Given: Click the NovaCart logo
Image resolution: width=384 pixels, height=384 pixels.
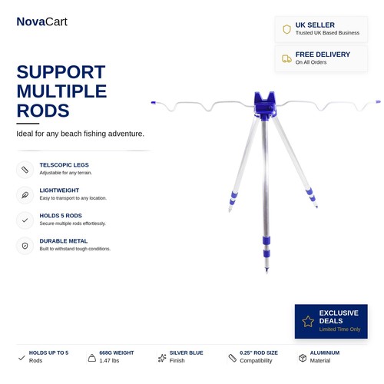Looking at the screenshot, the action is [41, 22].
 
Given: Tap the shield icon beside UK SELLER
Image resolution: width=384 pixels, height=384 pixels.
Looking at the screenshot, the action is [286, 29].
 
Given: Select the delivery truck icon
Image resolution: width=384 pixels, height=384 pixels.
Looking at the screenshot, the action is [286, 58].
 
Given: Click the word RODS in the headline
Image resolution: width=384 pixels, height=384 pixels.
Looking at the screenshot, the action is [43, 111].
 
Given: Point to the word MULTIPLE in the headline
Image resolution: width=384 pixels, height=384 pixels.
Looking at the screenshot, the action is [61, 91].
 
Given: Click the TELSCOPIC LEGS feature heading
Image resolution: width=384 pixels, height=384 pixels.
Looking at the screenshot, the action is [65, 165].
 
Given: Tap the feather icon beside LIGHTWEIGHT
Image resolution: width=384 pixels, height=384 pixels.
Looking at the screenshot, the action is [25, 195].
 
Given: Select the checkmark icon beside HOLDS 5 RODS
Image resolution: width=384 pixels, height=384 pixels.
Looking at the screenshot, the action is [25, 220].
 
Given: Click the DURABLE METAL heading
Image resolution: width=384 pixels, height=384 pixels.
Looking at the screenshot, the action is [64, 241].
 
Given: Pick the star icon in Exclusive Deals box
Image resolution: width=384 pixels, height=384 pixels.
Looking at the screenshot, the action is [308, 321].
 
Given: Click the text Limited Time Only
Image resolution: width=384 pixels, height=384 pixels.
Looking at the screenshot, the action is [339, 329].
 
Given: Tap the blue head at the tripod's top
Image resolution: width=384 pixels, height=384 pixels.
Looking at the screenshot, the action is [265, 104].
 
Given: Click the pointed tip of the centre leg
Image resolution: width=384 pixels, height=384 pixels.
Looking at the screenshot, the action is [266, 272].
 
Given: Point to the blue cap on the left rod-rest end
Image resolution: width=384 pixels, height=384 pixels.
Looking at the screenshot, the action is [154, 103].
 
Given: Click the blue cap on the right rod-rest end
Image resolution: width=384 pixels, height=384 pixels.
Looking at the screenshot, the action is [378, 102].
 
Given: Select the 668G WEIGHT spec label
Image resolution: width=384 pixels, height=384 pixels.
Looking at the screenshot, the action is [117, 353].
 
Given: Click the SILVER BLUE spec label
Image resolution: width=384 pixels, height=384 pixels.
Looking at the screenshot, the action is [186, 353].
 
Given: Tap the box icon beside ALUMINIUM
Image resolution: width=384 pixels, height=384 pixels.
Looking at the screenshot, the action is [303, 358].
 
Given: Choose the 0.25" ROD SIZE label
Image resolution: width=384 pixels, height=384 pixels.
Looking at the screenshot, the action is [259, 353].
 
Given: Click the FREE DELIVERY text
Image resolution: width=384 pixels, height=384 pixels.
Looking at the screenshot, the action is [323, 55].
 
